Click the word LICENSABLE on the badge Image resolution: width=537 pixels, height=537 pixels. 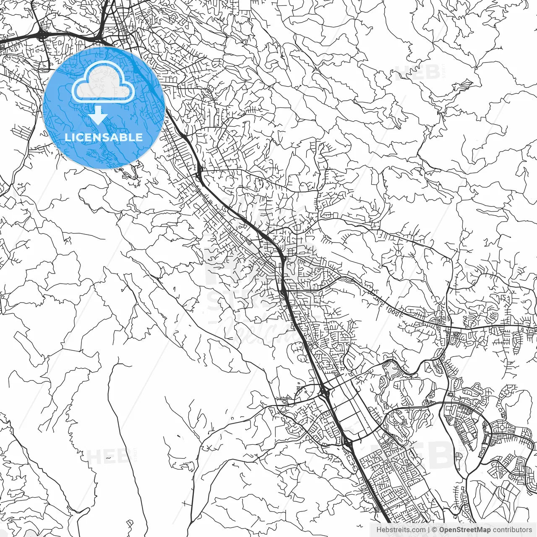[x=103, y=137]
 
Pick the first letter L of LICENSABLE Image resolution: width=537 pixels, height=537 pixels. [x=67, y=137]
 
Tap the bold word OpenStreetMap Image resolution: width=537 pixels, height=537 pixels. [x=465, y=530]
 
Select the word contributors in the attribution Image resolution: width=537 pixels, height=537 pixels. [x=512, y=530]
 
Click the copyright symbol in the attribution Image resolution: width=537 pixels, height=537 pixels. [x=435, y=530]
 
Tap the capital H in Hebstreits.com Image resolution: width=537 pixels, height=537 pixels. [x=379, y=530]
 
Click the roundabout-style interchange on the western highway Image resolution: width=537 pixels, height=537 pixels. [x=42, y=35]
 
